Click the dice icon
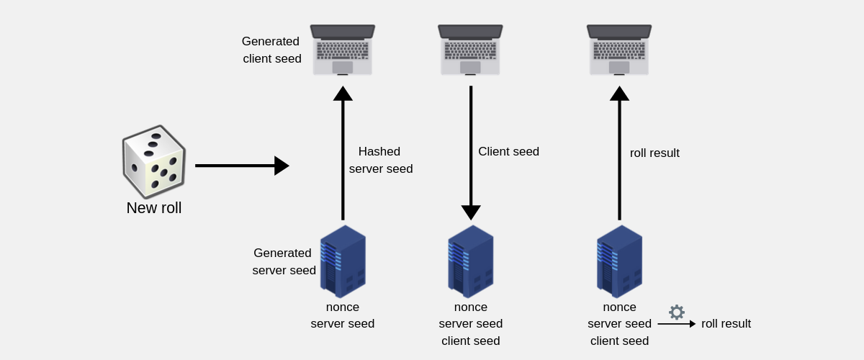153,161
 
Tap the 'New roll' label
154,208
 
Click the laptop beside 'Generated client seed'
343,50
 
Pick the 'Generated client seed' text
271,50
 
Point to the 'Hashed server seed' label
380,161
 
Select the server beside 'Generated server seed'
343,261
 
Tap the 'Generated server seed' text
284,262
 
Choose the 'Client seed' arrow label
508,152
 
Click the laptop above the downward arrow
470,50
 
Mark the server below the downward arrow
471,261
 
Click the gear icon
677,312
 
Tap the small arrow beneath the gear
676,324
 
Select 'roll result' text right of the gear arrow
726,324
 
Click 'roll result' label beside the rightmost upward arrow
654,153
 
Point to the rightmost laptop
619,50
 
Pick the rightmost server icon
619,261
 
